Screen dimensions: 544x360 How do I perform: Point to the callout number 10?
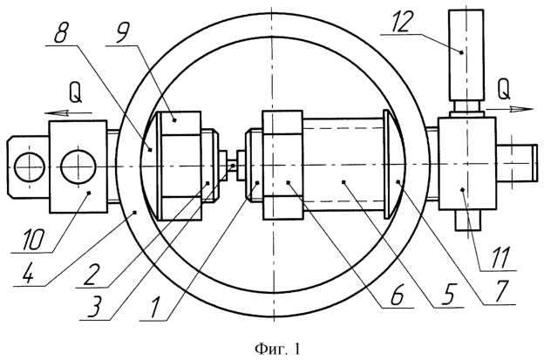(x=33, y=240)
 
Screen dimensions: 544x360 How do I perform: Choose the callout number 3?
(x=95, y=308)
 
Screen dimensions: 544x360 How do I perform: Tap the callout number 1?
(x=153, y=308)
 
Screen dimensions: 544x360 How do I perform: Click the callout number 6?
(x=397, y=295)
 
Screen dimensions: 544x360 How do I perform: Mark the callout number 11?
(x=500, y=256)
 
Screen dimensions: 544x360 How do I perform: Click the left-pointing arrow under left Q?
(x=68, y=112)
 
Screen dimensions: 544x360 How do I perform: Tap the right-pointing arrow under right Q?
(x=509, y=110)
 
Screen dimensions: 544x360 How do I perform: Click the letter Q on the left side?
(x=75, y=93)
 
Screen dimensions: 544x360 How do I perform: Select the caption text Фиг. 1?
(x=278, y=349)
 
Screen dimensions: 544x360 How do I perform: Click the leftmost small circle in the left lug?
(x=30, y=166)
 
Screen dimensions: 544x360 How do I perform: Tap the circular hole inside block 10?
(x=78, y=166)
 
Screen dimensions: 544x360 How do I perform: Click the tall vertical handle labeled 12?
(x=466, y=56)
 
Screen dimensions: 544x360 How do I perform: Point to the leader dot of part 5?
(x=343, y=181)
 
